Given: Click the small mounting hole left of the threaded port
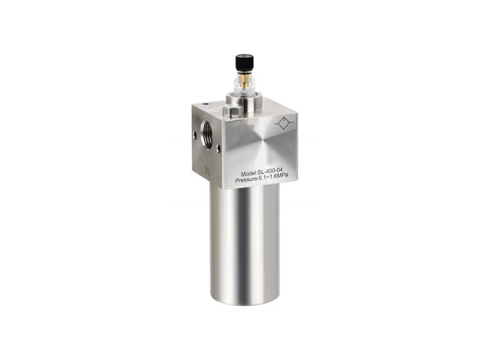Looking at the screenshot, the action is point(195,134).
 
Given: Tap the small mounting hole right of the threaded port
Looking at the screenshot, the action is point(218,147).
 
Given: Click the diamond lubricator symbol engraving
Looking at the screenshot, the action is point(283,124).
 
